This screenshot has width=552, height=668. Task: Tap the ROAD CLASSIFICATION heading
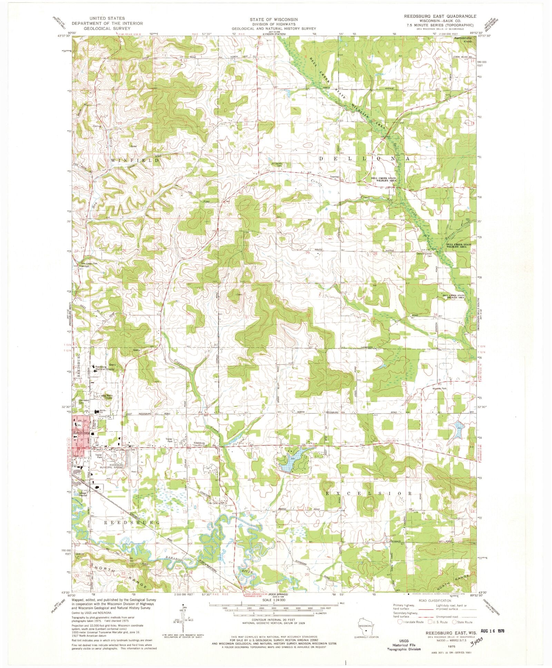pyautogui.click(x=433, y=601)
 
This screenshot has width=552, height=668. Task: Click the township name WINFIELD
pyautogui.click(x=135, y=160)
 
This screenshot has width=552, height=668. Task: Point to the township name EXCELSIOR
pyautogui.click(x=369, y=494)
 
